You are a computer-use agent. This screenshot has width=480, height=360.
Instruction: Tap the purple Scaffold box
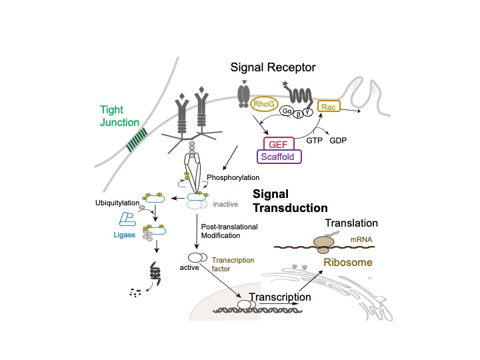(x=279, y=157)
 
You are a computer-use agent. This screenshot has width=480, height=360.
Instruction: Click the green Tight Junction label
(x=120, y=116)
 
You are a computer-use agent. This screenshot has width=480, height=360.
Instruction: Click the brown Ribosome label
(x=348, y=263)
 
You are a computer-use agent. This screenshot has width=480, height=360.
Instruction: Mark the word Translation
(x=351, y=224)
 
